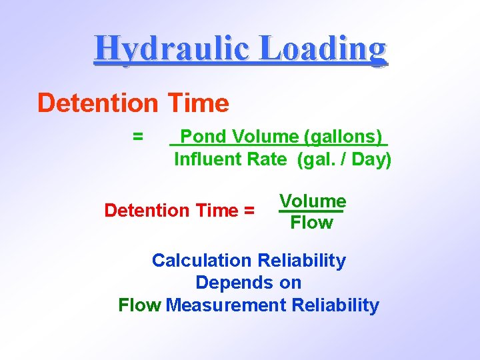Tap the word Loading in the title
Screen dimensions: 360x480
pyautogui.click(x=322, y=49)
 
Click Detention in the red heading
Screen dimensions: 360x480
pyautogui.click(x=96, y=103)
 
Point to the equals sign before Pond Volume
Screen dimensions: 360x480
pyautogui.click(x=137, y=137)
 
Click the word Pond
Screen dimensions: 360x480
pyautogui.click(x=203, y=137)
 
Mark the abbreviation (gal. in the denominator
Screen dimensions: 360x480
pyautogui.click(x=317, y=159)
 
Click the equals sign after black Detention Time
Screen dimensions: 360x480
pyautogui.click(x=249, y=211)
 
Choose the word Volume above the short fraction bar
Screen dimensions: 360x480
pyautogui.click(x=312, y=201)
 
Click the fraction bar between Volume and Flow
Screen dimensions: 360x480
pyautogui.click(x=310, y=212)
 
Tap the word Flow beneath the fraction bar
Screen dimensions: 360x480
pyautogui.click(x=311, y=223)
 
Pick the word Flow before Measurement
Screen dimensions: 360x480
pyautogui.click(x=139, y=305)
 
